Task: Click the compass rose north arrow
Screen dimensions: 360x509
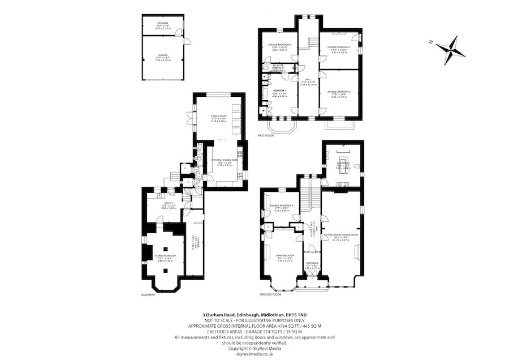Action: pyautogui.click(x=452, y=48)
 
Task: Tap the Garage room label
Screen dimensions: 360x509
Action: pyautogui.click(x=163, y=55)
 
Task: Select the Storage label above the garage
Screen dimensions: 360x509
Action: pyautogui.click(x=163, y=23)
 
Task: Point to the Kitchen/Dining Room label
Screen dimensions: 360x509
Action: pyautogui.click(x=225, y=160)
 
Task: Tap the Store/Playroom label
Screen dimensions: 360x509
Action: pyautogui.click(x=166, y=256)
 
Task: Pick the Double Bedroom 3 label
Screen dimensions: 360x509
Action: pyautogui.click(x=339, y=91)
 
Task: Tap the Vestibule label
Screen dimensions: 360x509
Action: pyautogui.click(x=312, y=263)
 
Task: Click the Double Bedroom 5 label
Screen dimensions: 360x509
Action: pyautogui.click(x=281, y=205)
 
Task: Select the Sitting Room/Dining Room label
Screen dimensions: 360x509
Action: pyautogui.click(x=341, y=234)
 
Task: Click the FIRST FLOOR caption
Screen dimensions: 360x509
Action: pyautogui.click(x=265, y=136)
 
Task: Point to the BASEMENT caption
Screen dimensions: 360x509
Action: pyautogui.click(x=148, y=294)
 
